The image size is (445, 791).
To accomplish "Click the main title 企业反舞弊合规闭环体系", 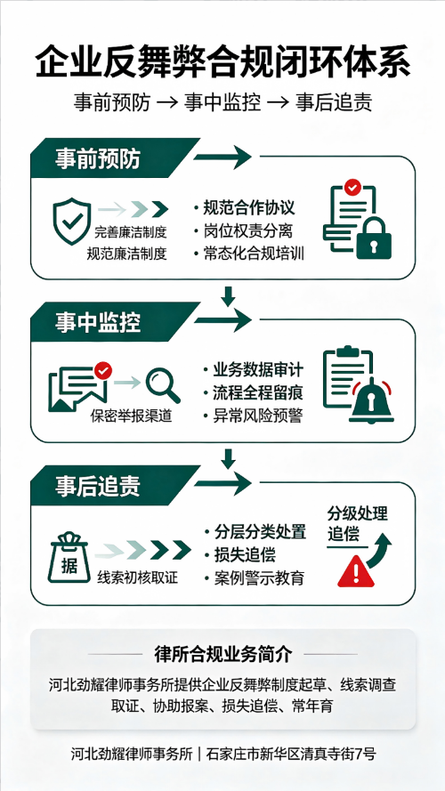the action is (222, 61).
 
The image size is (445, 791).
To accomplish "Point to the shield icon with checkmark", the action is (72, 221).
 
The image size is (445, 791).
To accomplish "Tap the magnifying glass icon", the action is (163, 386).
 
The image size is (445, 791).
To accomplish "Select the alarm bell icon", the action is (372, 401).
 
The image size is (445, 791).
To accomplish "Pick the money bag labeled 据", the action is (69, 557).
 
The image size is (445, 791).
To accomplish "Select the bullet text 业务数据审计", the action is (258, 370).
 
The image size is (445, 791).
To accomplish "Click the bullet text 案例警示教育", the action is (259, 578).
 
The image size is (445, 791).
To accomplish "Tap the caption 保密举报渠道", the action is (131, 416).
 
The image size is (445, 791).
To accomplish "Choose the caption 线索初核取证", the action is (138, 578).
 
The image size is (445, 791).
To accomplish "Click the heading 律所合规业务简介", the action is (223, 654).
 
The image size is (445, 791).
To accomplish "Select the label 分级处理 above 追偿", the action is (357, 514).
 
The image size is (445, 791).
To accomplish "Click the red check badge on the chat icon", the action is (103, 371).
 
